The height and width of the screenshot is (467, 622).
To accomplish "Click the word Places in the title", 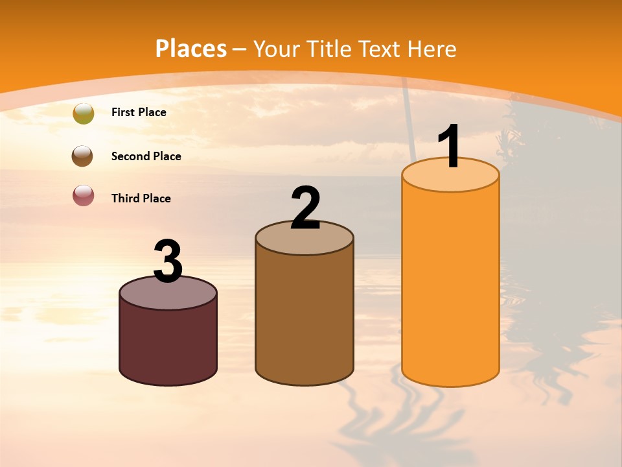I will [x=191, y=49].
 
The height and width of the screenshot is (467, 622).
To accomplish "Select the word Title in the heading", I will [x=328, y=49].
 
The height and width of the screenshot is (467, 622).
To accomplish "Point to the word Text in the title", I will [x=378, y=49].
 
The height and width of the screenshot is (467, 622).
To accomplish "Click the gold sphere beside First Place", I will [x=84, y=114].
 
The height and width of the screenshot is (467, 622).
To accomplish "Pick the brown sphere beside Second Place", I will [x=82, y=156].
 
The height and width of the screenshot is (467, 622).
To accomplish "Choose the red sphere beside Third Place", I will [x=83, y=195].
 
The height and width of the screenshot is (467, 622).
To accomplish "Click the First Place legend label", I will [x=139, y=112].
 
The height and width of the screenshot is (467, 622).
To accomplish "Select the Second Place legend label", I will [x=146, y=156].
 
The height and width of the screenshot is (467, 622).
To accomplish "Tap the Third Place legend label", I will [x=141, y=198].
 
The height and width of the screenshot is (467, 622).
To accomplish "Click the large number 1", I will [x=449, y=147].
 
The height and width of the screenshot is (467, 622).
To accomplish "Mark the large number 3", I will [x=168, y=261].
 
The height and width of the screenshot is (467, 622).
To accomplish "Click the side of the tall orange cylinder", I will [x=450, y=285].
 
